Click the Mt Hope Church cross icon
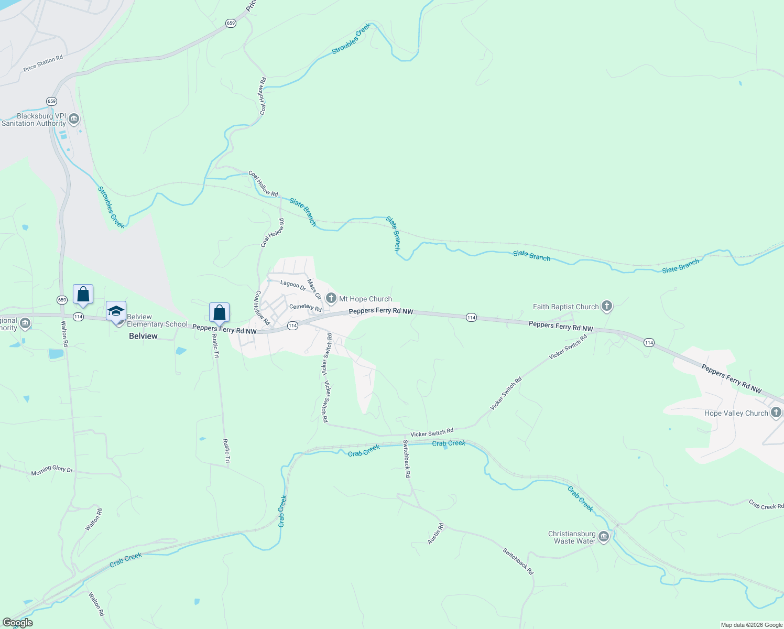pyautogui.click(x=331, y=299)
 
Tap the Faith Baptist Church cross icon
pyautogui.click(x=607, y=306)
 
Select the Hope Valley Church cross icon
pyautogui.click(x=776, y=413)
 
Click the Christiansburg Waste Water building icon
pyautogui.click(x=604, y=537)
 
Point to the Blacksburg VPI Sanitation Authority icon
pyautogui.click(x=74, y=119)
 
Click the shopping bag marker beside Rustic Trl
pyautogui.click(x=220, y=312)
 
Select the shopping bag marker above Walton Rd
pyautogui.click(x=83, y=295)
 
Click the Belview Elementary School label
pyautogui.click(x=157, y=320)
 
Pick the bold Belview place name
pyautogui.click(x=143, y=336)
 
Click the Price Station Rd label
pyautogui.click(x=43, y=63)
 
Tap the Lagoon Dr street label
pyautogui.click(x=293, y=285)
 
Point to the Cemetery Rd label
pyautogui.click(x=305, y=307)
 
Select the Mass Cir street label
pyautogui.click(x=314, y=289)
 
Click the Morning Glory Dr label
pyautogui.click(x=52, y=469)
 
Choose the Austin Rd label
pyautogui.click(x=435, y=533)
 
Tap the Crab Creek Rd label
pyautogui.click(x=766, y=505)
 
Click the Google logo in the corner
pyautogui.click(x=18, y=623)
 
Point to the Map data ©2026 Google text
pyautogui.click(x=752, y=625)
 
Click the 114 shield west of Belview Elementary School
pyautogui.click(x=78, y=317)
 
